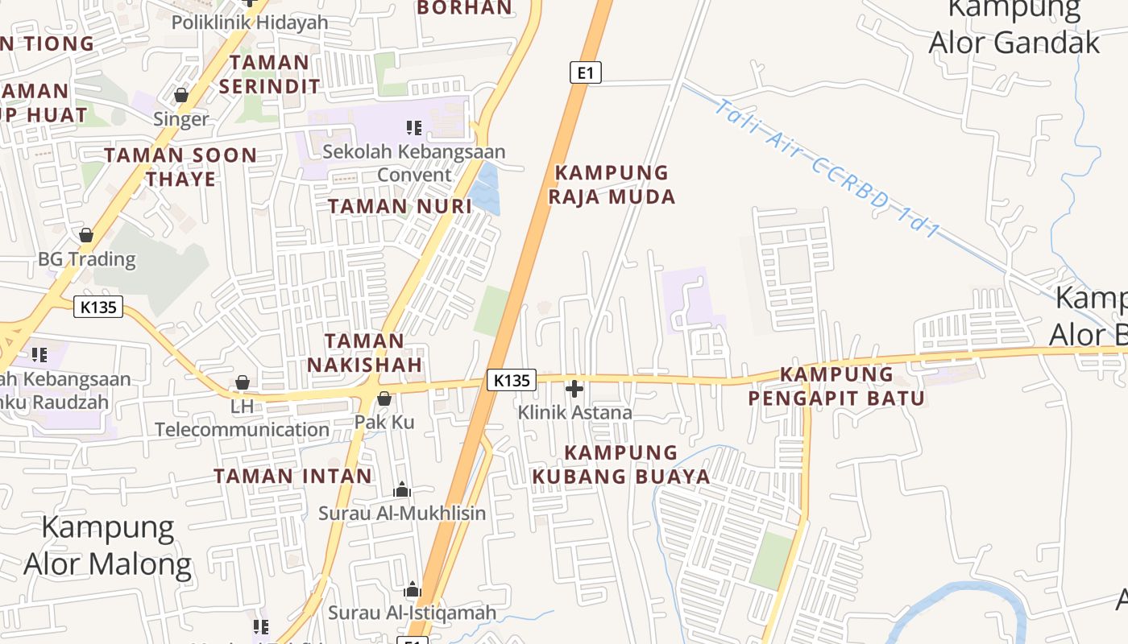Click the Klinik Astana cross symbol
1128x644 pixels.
(574, 390)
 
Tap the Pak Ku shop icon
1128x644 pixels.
(384, 398)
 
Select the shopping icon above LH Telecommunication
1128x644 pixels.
(242, 383)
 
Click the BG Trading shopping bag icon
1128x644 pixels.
(86, 236)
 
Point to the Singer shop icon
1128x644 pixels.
(181, 96)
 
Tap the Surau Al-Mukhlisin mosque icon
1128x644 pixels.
(401, 489)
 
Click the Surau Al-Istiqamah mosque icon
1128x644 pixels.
(413, 590)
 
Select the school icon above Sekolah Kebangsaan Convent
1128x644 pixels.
(414, 127)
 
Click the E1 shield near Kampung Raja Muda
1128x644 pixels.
(586, 72)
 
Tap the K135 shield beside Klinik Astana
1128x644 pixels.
(512, 380)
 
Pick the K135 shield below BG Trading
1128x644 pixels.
(98, 307)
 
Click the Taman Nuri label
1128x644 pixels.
(400, 206)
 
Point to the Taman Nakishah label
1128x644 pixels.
(365, 353)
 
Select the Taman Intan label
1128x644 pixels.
(293, 476)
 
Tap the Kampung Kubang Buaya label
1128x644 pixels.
(620, 464)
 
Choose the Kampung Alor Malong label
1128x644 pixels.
(108, 546)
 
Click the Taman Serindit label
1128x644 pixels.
(269, 73)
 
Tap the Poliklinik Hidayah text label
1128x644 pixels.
(250, 22)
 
